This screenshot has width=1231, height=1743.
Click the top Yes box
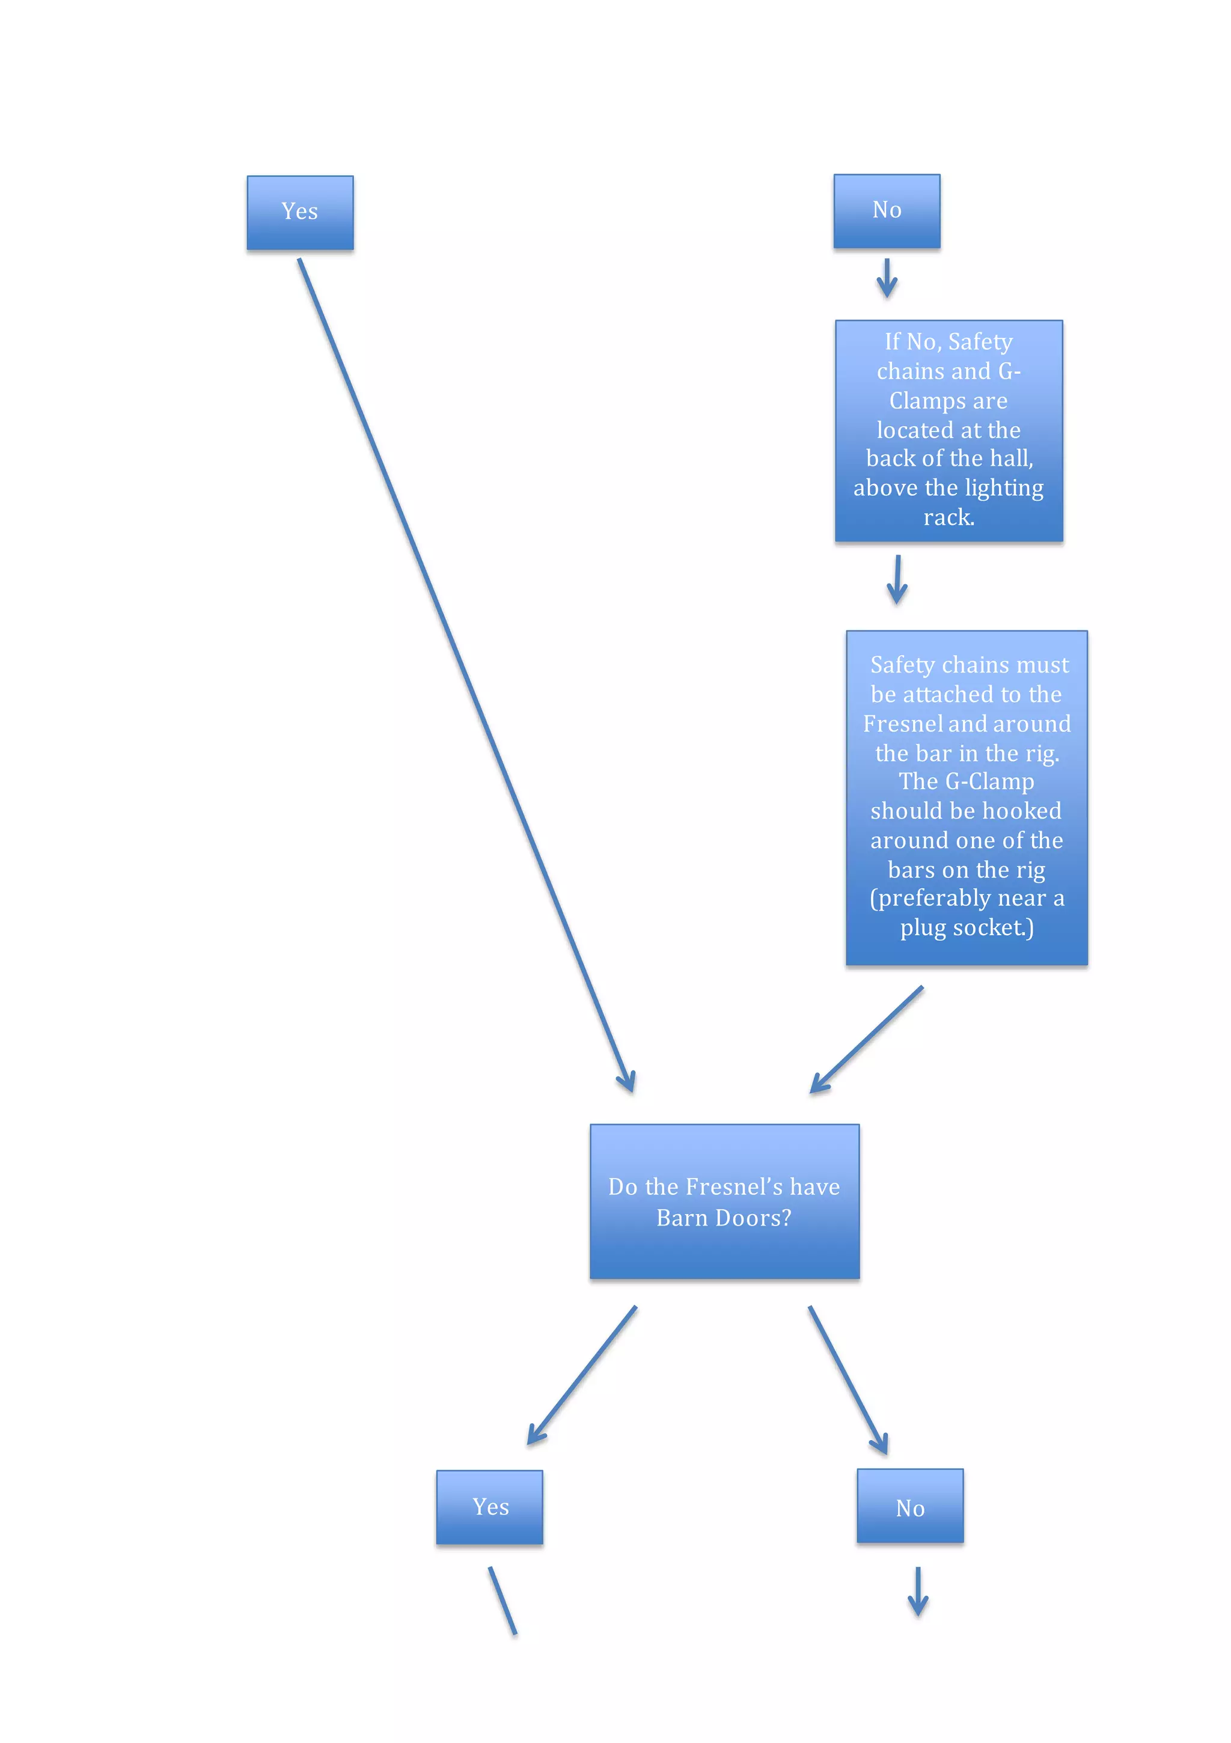300,213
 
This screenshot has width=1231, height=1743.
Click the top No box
886,211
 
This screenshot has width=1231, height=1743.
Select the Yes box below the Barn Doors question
490,1507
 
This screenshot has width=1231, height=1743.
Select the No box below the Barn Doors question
910,1506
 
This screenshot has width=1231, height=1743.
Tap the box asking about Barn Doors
724,1201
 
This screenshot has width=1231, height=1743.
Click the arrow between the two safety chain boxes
897,579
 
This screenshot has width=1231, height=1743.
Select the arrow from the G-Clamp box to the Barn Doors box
867,1039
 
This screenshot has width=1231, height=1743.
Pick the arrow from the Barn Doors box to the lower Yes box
582,1375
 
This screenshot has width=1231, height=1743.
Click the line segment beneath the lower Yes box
502,1601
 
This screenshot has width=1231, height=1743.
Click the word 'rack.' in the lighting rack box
948,517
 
